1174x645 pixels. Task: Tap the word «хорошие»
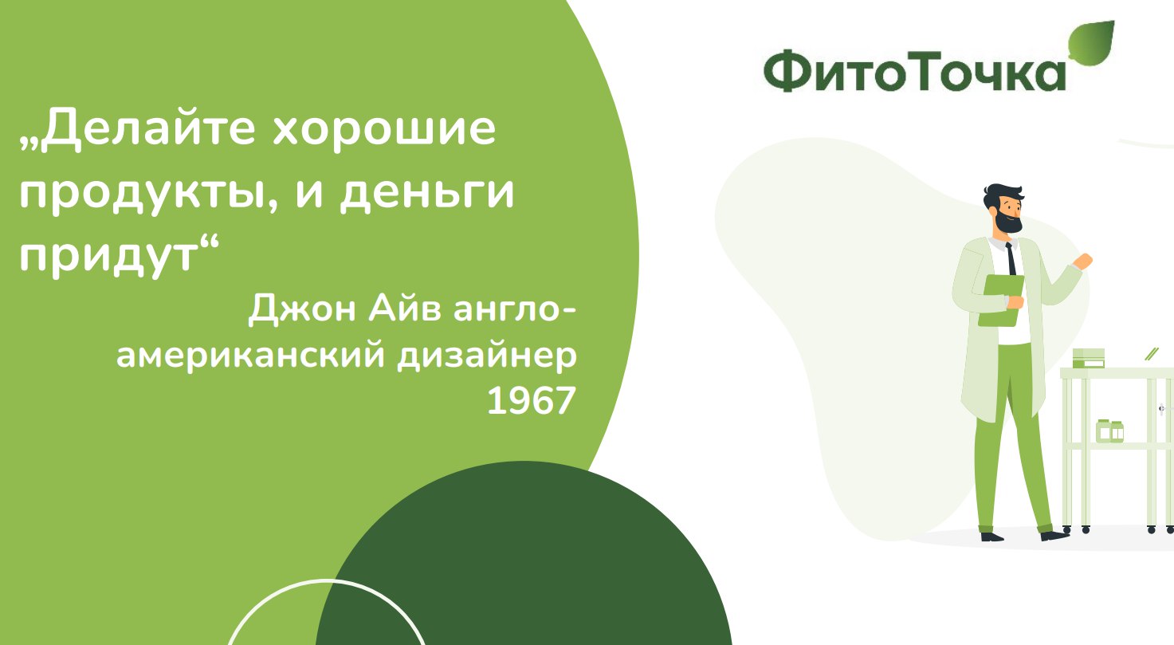pyautogui.click(x=383, y=129)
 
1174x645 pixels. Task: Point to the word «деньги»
pyautogui.click(x=427, y=194)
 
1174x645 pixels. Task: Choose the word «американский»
pyautogui.click(x=250, y=356)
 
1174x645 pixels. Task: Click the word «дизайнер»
pyautogui.click(x=487, y=356)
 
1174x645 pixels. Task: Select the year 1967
pyautogui.click(x=532, y=401)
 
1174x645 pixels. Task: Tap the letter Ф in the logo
pyautogui.click(x=787, y=71)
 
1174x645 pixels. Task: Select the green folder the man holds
pyautogui.click(x=1001, y=300)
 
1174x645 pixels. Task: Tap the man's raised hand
pyautogui.click(x=1082, y=262)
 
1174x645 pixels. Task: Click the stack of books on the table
pyautogui.click(x=1088, y=358)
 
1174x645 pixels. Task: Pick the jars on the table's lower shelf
pyautogui.click(x=1109, y=431)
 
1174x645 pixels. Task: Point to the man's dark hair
pyautogui.click(x=1001, y=195)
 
